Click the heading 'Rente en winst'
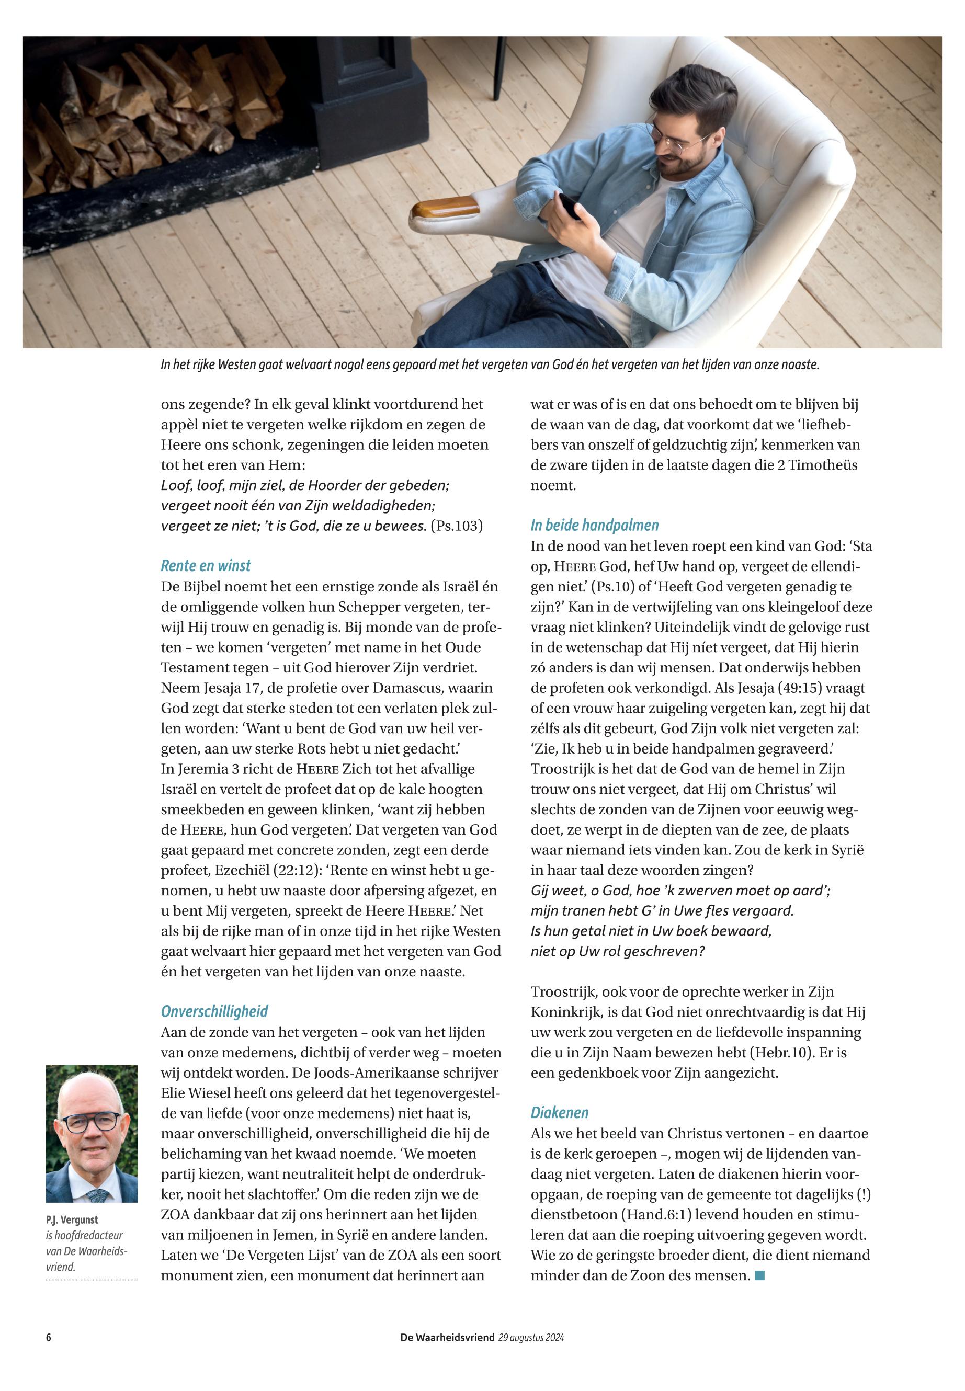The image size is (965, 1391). tap(205, 566)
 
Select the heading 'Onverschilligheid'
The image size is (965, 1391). tap(214, 1011)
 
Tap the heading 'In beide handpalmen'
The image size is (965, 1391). tap(594, 526)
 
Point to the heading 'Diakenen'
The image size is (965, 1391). tap(559, 1113)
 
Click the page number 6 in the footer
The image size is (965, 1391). tap(48, 1337)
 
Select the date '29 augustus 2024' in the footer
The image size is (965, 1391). tap(531, 1337)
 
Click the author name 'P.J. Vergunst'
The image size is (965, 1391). tap(71, 1220)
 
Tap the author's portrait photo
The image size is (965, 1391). tap(92, 1134)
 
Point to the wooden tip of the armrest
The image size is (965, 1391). tap(445, 209)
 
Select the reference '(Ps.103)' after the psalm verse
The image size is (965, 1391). tap(457, 526)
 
